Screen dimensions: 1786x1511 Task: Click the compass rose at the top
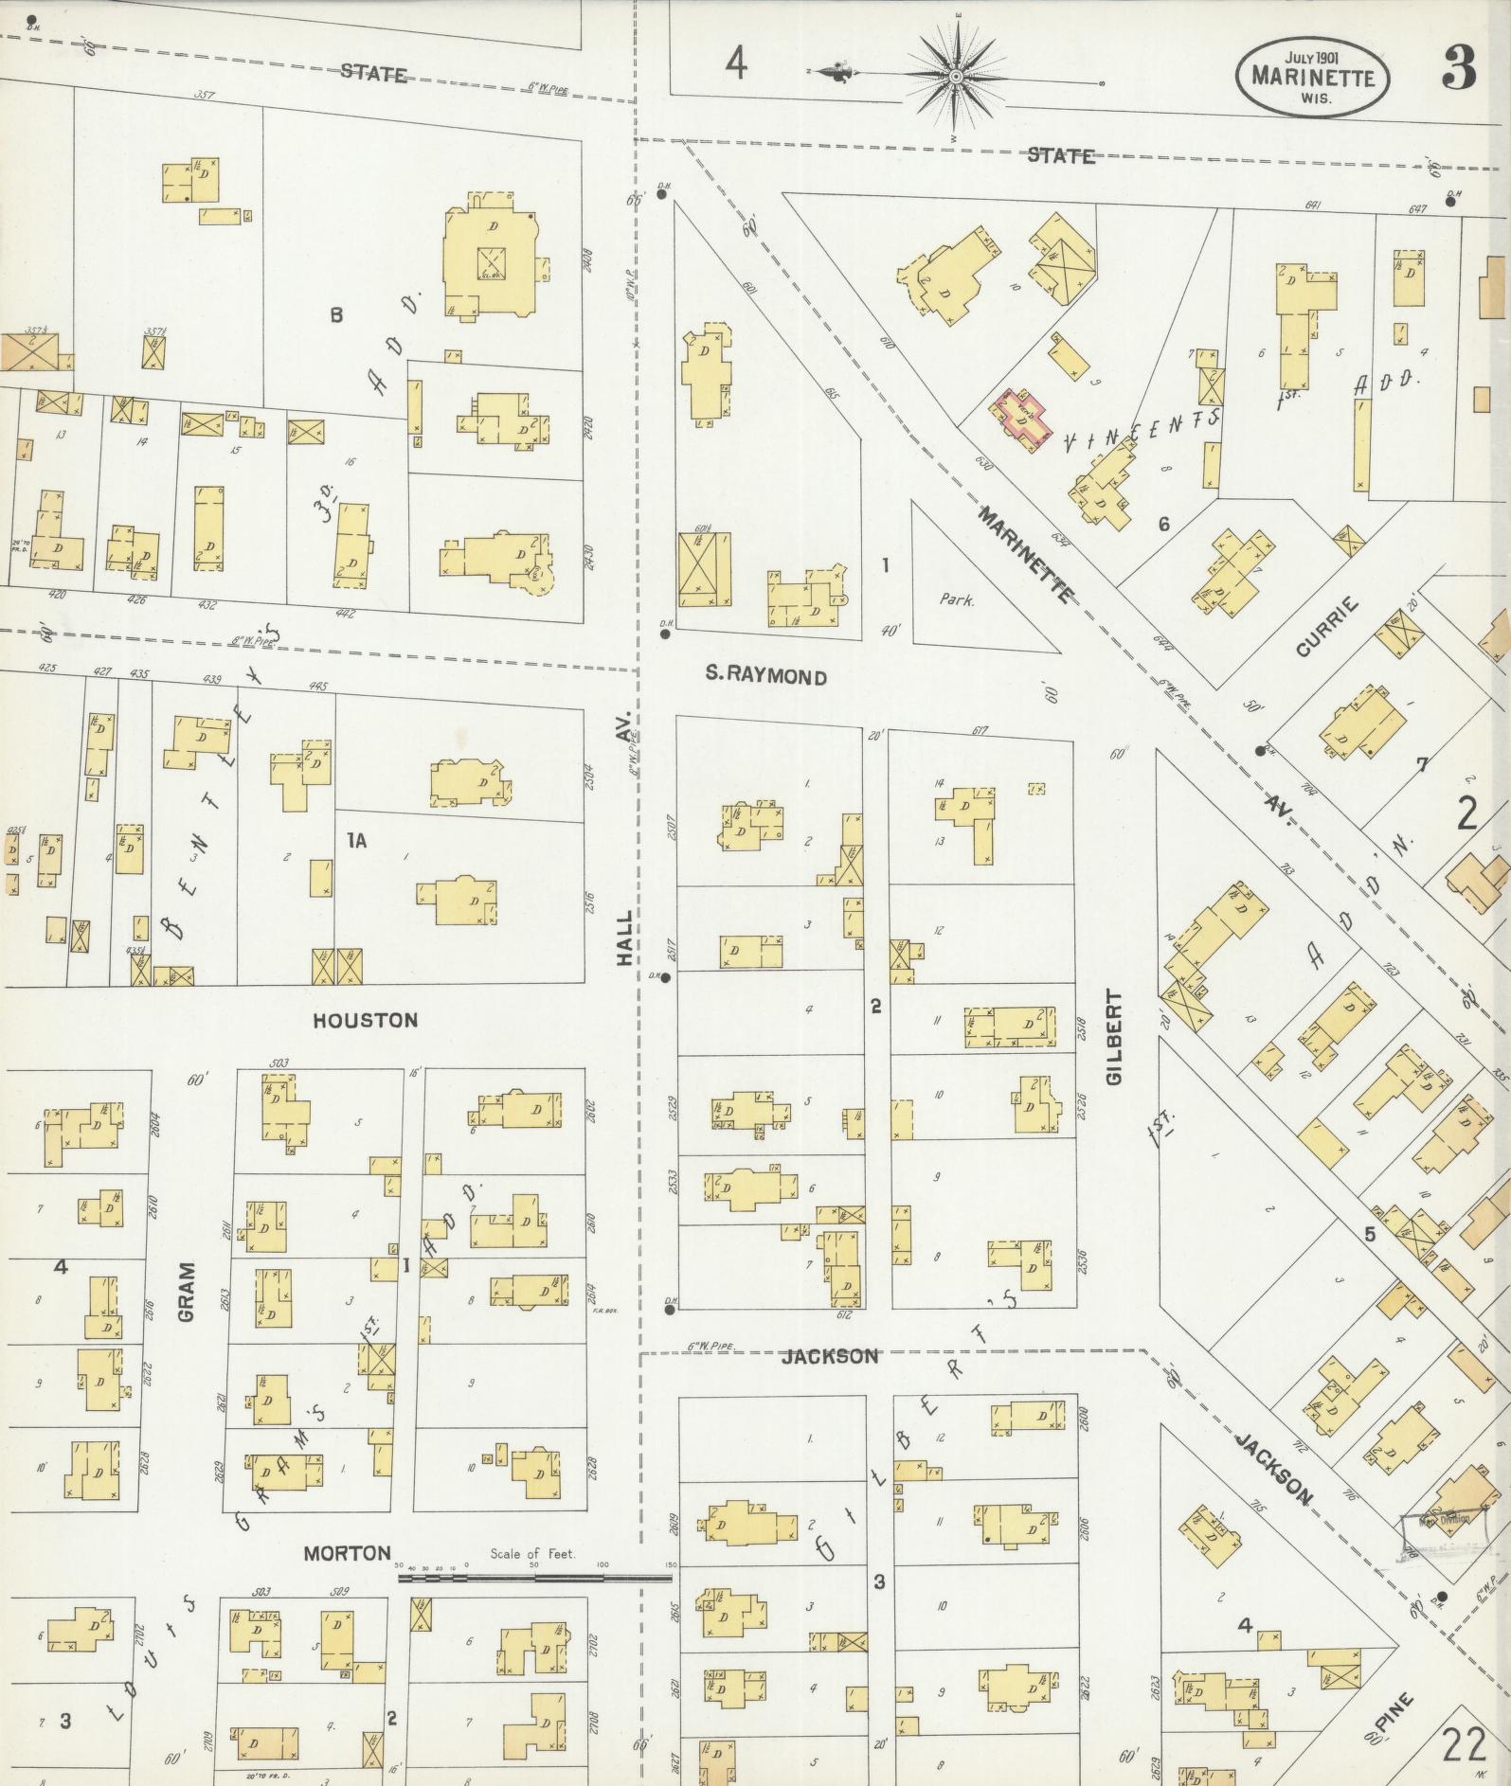tap(955, 76)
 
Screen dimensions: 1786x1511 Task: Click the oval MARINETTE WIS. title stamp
tap(1312, 76)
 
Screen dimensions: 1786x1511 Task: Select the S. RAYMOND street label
tap(765, 676)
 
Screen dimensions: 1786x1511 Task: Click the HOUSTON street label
tap(365, 1020)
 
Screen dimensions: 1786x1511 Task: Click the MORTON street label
tap(347, 1553)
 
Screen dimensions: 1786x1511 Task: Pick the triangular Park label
tap(957, 599)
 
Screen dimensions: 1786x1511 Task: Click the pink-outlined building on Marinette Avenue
tap(1020, 417)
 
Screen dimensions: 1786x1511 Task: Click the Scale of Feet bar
tap(535, 1579)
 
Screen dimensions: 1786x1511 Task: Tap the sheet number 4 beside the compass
tap(736, 64)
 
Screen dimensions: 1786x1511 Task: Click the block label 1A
tap(355, 840)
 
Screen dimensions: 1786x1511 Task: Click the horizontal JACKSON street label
tap(830, 1356)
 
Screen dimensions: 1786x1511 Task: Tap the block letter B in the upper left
tap(335, 315)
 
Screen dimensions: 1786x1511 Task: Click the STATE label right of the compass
tap(1061, 156)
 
